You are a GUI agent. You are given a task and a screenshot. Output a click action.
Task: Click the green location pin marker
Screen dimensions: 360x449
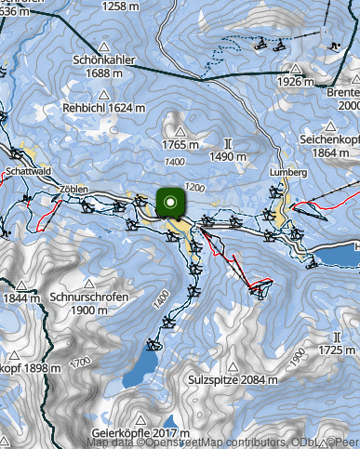pos(170,202)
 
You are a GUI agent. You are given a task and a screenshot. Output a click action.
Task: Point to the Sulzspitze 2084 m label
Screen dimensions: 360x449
pos(233,380)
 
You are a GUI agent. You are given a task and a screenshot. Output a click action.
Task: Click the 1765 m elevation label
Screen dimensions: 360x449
pos(180,144)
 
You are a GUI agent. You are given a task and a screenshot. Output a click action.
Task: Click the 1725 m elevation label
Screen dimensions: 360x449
pos(336,350)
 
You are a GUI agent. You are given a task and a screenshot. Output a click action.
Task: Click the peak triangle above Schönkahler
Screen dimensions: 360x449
pos(103,46)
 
